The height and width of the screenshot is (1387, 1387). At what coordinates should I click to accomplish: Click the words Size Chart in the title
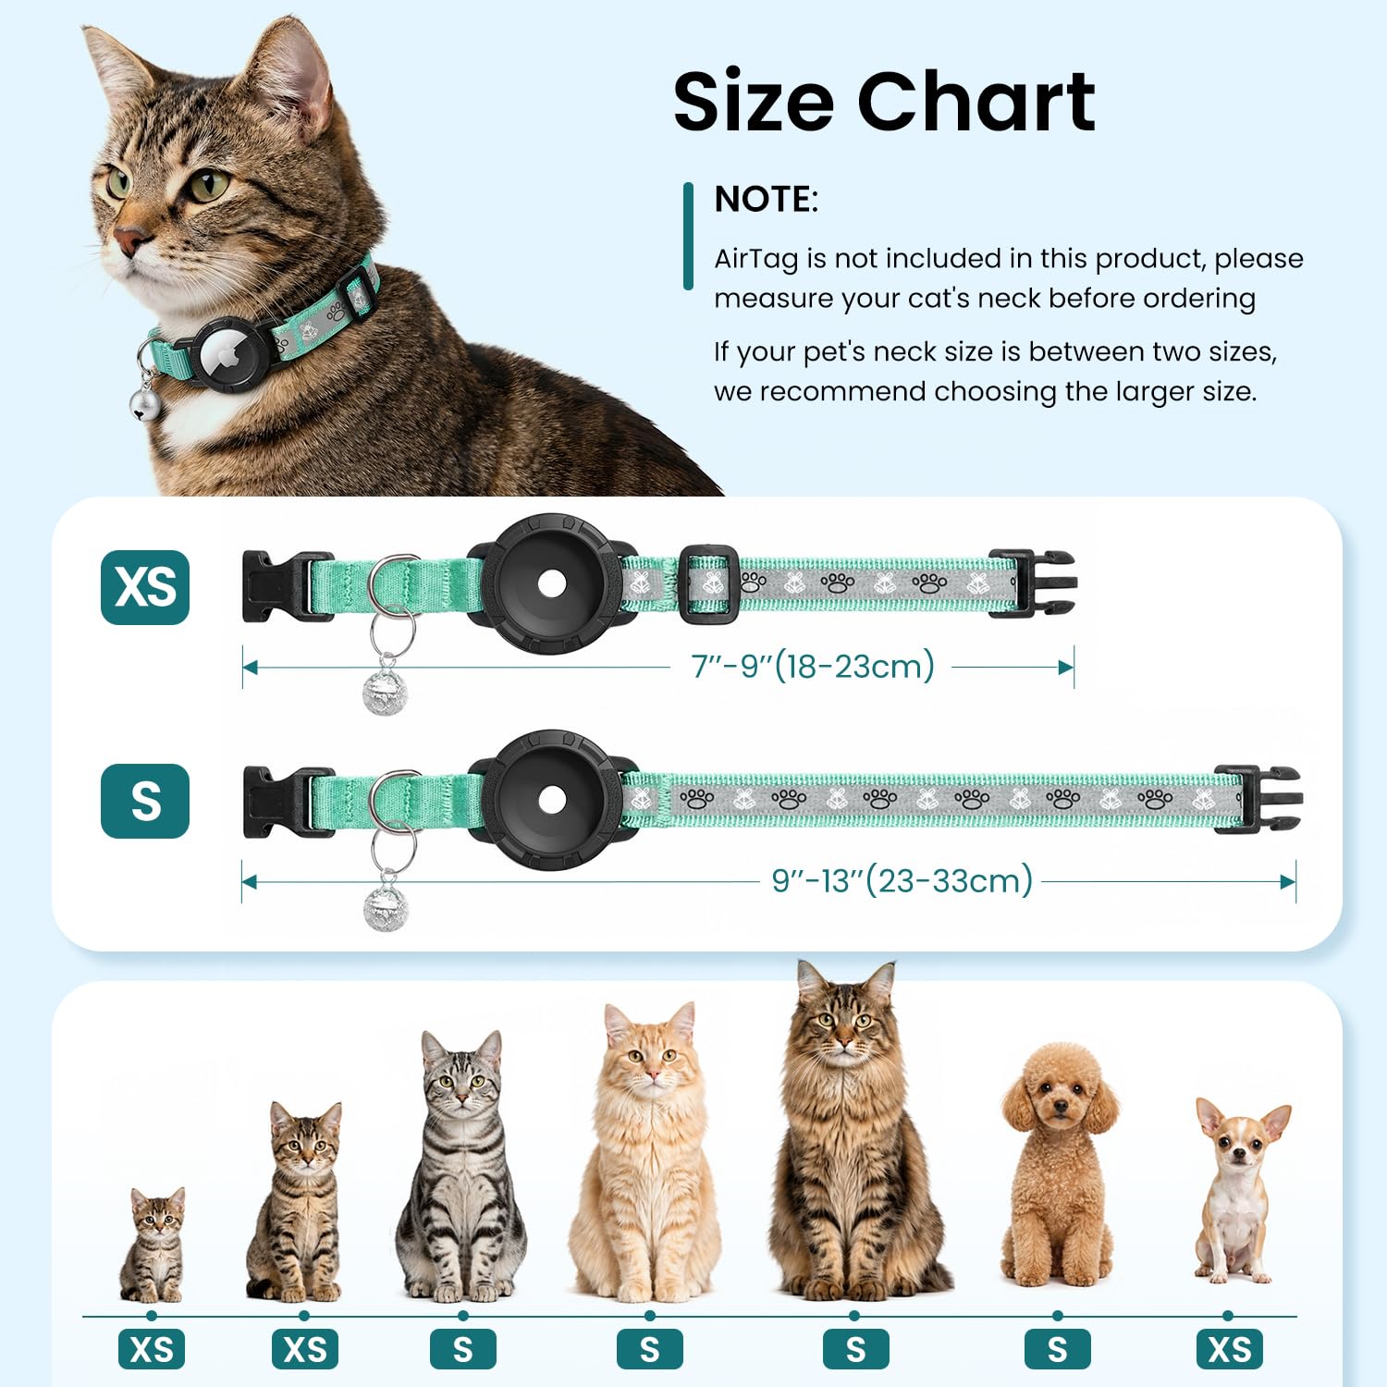pyautogui.click(x=884, y=101)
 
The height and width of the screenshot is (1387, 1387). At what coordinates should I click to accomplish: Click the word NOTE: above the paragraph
pyautogui.click(x=766, y=199)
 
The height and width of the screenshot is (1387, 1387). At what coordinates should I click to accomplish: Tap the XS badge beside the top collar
pyautogui.click(x=145, y=587)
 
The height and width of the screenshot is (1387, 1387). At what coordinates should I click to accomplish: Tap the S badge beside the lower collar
pyautogui.click(x=145, y=801)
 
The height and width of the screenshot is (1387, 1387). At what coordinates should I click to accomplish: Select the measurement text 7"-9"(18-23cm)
pyautogui.click(x=813, y=666)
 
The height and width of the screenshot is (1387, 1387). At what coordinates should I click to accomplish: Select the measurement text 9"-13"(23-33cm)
pyautogui.click(x=902, y=880)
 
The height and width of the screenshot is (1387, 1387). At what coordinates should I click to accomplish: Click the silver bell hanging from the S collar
pyautogui.click(x=385, y=908)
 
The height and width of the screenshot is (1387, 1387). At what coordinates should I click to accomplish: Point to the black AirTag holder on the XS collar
pyautogui.click(x=552, y=583)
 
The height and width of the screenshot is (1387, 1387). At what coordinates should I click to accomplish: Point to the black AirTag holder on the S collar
pyautogui.click(x=552, y=800)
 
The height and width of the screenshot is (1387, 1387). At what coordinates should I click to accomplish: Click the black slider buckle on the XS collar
pyautogui.click(x=709, y=583)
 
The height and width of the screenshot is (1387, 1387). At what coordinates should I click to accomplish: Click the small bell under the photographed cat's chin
pyautogui.click(x=143, y=403)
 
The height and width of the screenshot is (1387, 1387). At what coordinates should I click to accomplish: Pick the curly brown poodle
pyautogui.click(x=1058, y=1165)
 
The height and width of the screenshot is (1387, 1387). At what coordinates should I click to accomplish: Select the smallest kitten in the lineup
pyautogui.click(x=153, y=1245)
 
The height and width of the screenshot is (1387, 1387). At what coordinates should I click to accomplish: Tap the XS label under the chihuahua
pyautogui.click(x=1229, y=1350)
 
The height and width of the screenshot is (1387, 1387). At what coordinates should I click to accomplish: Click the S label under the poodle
pyautogui.click(x=1058, y=1350)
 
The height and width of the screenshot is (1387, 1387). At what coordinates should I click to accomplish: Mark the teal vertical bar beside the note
pyautogui.click(x=688, y=236)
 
